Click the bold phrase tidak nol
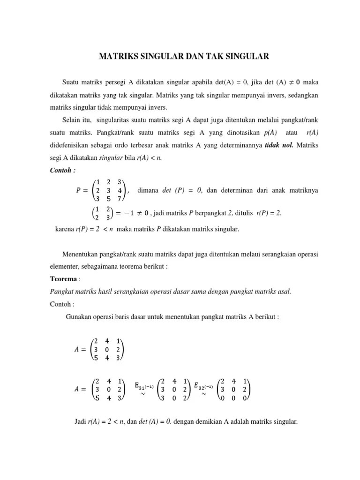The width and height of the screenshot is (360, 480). click(279, 145)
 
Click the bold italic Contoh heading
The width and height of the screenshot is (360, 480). click(62, 170)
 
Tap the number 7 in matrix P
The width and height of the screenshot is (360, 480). click(120, 199)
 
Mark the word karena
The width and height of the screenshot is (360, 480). click(66, 229)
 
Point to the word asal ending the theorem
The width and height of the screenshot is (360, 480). click(284, 291)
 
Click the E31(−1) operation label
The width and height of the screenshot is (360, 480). click(140, 386)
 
